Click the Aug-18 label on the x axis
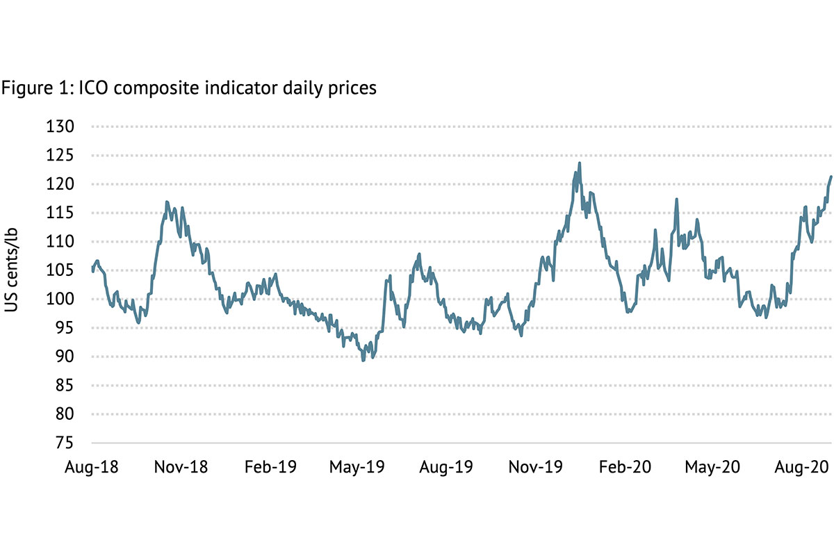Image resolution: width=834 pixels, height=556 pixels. coord(92,467)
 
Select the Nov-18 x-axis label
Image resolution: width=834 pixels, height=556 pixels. coord(181,467)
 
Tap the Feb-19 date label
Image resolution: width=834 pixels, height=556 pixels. coord(270,467)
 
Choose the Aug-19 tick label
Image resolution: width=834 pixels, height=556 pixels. coord(446,467)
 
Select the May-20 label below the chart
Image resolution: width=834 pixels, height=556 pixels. coord(711,467)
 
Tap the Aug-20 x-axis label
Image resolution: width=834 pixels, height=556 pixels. coord(800,467)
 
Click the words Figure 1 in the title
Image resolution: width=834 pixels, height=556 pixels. coord(31,89)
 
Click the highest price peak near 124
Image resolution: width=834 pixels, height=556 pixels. coord(580,163)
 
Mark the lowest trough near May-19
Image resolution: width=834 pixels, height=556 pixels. coord(363,360)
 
